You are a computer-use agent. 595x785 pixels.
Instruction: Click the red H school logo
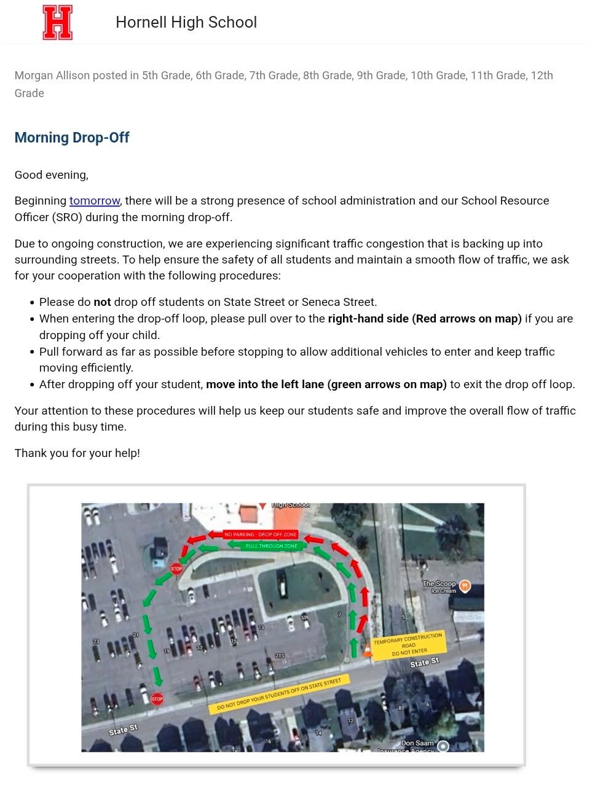pyautogui.click(x=58, y=23)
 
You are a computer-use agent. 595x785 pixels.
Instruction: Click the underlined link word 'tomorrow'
pyautogui.click(x=94, y=201)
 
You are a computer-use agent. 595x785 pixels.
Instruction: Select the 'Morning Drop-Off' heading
pyautogui.click(x=72, y=138)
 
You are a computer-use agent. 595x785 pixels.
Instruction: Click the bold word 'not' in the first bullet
pyautogui.click(x=102, y=302)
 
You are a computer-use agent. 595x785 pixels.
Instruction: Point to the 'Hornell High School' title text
pyautogui.click(x=186, y=23)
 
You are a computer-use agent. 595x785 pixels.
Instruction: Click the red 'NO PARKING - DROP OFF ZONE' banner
pyautogui.click(x=261, y=534)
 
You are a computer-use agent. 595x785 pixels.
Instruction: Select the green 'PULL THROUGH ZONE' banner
pyautogui.click(x=271, y=545)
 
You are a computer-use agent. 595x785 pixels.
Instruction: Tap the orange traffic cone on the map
pyautogui.click(x=368, y=649)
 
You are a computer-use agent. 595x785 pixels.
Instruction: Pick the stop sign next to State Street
pyautogui.click(x=157, y=699)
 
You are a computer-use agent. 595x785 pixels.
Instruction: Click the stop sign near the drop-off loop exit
pyautogui.click(x=176, y=569)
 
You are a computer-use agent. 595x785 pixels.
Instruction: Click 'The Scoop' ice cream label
pyautogui.click(x=439, y=586)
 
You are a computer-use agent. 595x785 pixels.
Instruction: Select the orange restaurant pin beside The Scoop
pyautogui.click(x=465, y=586)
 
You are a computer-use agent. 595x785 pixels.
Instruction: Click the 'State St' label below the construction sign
pyautogui.click(x=425, y=662)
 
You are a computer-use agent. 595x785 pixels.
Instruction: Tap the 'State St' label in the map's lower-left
pyautogui.click(x=123, y=730)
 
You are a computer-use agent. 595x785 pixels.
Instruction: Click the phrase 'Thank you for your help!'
pyautogui.click(x=77, y=453)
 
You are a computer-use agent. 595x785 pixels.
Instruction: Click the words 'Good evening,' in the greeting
pyautogui.click(x=52, y=175)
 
